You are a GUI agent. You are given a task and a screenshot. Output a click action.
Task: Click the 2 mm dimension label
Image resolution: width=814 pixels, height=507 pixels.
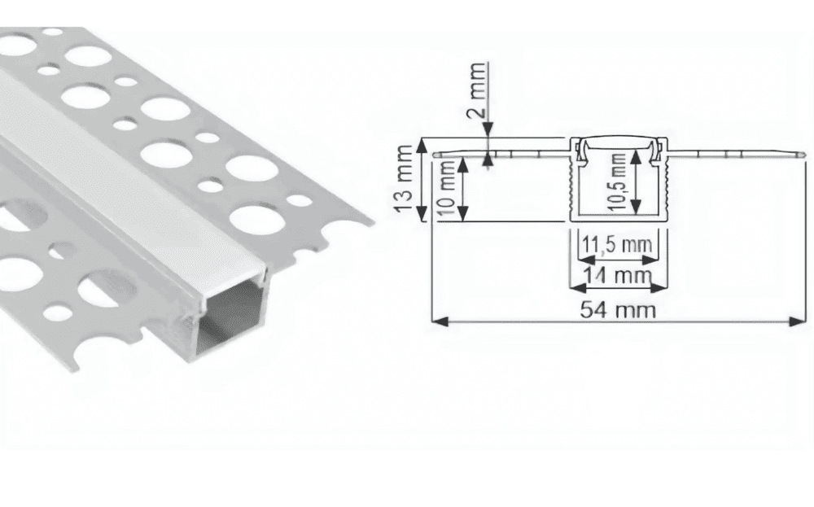click(478, 90)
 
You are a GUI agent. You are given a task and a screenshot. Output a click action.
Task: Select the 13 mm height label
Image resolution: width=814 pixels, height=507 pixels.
click(404, 179)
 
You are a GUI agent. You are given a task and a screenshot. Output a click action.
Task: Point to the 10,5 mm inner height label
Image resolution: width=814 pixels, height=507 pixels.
click(619, 181)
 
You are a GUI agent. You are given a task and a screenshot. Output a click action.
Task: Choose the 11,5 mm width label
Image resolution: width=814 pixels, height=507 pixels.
click(617, 244)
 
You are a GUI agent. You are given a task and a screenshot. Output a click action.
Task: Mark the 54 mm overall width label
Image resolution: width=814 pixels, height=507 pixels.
click(618, 310)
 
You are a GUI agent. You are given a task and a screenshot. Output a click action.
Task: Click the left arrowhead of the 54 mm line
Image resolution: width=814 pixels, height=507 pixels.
click(440, 321)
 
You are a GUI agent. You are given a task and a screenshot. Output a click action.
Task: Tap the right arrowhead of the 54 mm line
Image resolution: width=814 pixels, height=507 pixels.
click(797, 321)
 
